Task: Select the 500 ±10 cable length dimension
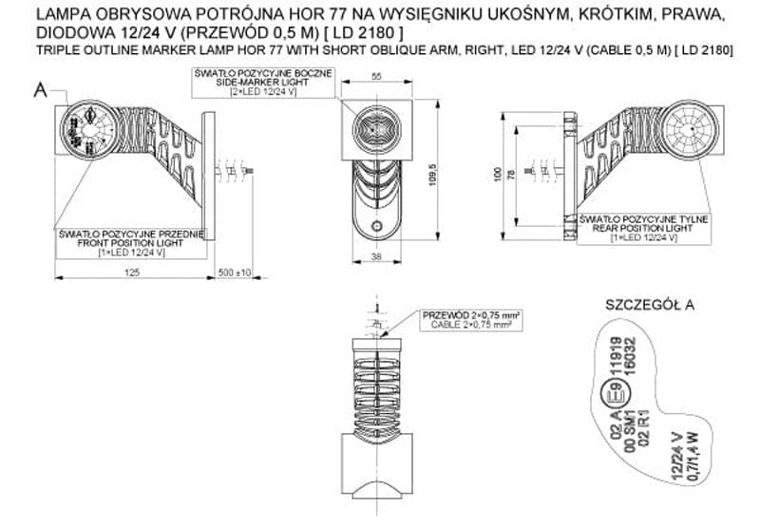[234, 273]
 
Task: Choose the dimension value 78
[514, 177]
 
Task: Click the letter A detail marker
[40, 91]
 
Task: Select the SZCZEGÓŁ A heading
[650, 305]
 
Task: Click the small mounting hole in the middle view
[376, 227]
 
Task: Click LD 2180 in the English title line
[703, 48]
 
